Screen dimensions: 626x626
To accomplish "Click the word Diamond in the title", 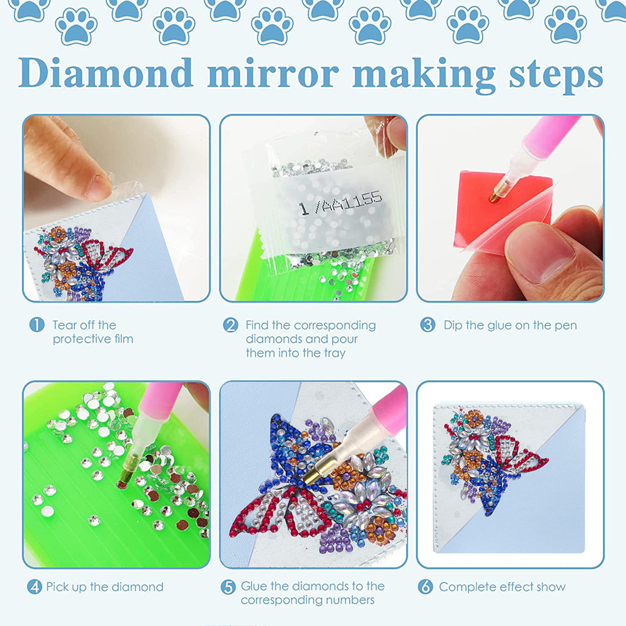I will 106,74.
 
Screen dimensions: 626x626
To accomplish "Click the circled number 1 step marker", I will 37,325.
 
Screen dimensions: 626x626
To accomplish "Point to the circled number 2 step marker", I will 231,325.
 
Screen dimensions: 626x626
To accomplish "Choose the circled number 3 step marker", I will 428,325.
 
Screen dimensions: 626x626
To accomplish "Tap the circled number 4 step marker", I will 34,587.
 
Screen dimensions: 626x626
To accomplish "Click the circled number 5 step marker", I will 228,587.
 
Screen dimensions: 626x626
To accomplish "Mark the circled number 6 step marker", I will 426,587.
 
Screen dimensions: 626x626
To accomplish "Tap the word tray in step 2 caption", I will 333,353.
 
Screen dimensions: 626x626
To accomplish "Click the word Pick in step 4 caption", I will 58,587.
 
